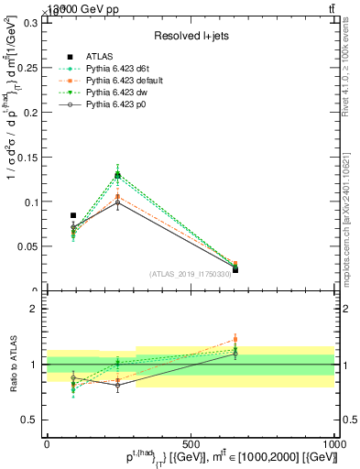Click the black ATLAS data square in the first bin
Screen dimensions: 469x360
click(x=73, y=215)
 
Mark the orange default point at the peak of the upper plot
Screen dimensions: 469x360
click(x=117, y=196)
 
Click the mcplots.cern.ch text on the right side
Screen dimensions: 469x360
click(x=349, y=220)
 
